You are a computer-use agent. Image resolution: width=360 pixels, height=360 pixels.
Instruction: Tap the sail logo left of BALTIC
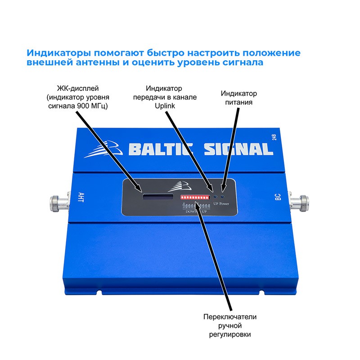click(x=106, y=149)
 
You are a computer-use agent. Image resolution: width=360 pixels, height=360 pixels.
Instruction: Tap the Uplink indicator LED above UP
click(x=216, y=197)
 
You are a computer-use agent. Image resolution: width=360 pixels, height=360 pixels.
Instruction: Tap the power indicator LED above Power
click(x=224, y=197)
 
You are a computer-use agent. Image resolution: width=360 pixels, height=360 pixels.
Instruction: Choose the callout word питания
click(x=238, y=102)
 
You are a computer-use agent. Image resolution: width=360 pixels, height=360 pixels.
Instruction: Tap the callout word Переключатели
click(x=229, y=316)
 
